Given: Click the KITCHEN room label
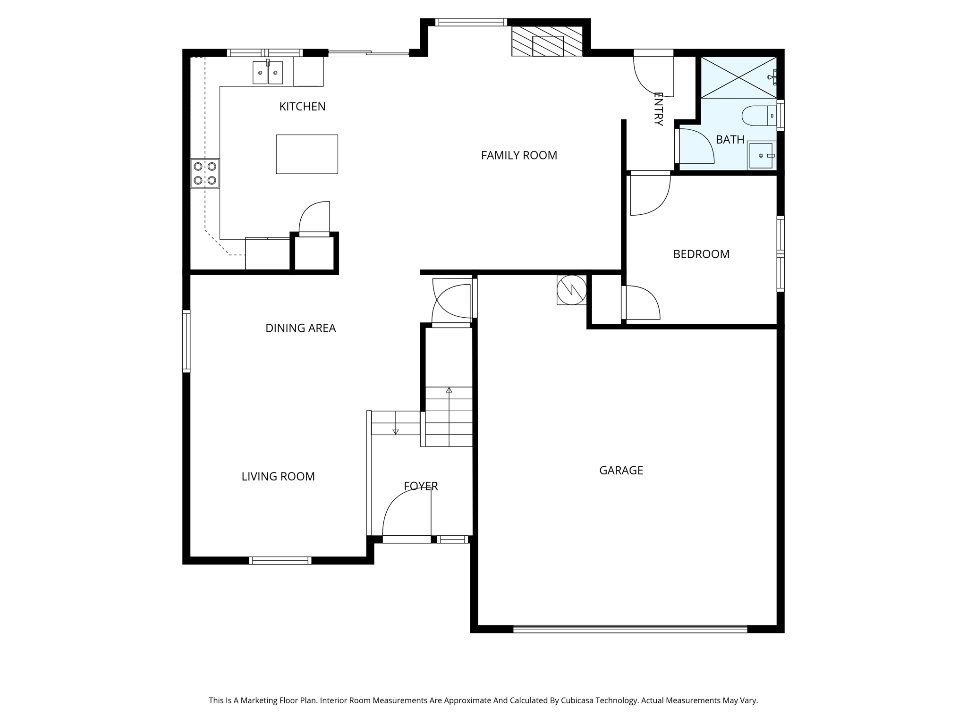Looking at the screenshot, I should pyautogui.click(x=302, y=107).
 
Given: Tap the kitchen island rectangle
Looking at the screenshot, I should pyautogui.click(x=306, y=154).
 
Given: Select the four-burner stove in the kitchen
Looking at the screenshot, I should pyautogui.click(x=205, y=173).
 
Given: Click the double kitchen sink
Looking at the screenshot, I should pyautogui.click(x=268, y=73).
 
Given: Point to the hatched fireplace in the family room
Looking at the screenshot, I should pyautogui.click(x=547, y=42).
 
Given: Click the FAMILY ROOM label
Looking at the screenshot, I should pyautogui.click(x=519, y=155).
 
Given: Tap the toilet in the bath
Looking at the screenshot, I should pyautogui.click(x=758, y=116).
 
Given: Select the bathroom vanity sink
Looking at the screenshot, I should pyautogui.click(x=761, y=155).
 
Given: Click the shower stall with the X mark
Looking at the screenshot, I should pyautogui.click(x=738, y=77).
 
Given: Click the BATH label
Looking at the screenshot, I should pyautogui.click(x=730, y=140).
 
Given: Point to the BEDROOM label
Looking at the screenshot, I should pyautogui.click(x=701, y=254).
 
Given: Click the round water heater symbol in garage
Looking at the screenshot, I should pyautogui.click(x=571, y=290).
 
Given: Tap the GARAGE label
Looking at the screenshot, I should pyautogui.click(x=621, y=470).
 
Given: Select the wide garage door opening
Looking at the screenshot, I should pyautogui.click(x=630, y=629).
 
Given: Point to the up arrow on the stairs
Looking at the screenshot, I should pyautogui.click(x=449, y=390).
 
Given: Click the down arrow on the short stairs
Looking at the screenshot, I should pyautogui.click(x=396, y=430).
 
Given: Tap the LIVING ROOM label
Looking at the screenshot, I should pyautogui.click(x=278, y=477).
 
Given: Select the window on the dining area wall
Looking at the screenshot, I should pyautogui.click(x=187, y=341).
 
